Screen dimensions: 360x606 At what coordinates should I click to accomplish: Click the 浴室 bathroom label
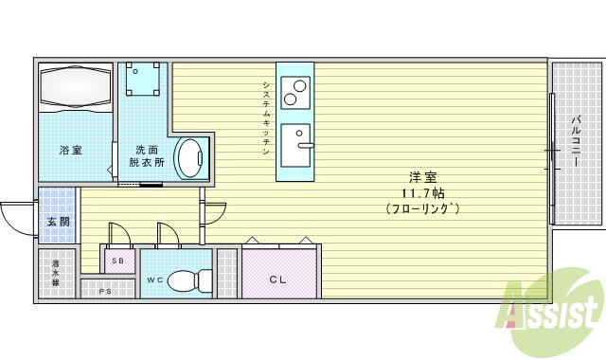[71, 150]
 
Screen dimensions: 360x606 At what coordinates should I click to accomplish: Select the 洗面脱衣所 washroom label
[147, 155]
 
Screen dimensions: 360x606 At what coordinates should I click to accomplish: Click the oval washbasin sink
[192, 157]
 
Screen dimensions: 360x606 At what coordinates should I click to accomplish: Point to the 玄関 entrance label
[57, 222]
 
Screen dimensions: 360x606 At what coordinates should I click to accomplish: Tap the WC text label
[155, 280]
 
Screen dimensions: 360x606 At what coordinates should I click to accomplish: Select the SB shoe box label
[117, 260]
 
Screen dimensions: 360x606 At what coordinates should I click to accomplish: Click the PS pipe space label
[105, 291]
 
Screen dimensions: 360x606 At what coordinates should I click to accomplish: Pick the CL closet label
[277, 279]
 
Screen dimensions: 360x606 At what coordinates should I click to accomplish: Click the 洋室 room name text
[422, 177]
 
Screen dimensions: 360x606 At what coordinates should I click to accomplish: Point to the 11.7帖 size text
[421, 192]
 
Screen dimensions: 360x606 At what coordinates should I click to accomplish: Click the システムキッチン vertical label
[267, 117]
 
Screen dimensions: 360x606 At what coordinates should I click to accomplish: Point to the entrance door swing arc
[13, 224]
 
